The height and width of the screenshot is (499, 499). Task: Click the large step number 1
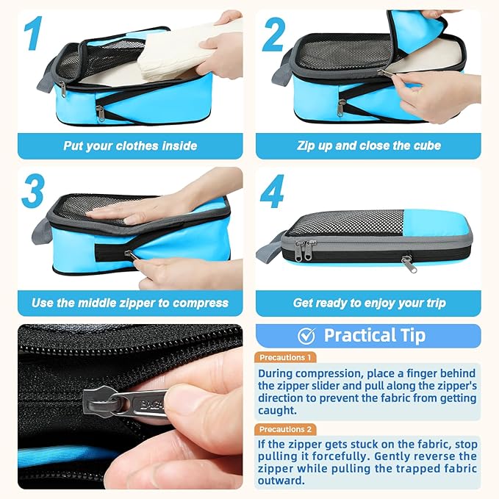pyautogui.click(x=34, y=33)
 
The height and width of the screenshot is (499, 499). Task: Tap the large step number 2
pyautogui.click(x=273, y=35)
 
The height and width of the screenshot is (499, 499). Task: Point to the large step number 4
pyautogui.click(x=272, y=191)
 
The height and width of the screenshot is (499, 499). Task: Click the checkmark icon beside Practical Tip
pyautogui.click(x=306, y=336)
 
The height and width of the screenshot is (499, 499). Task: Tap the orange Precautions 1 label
pyautogui.click(x=285, y=357)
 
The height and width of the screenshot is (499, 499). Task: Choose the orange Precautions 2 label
pyautogui.click(x=285, y=429)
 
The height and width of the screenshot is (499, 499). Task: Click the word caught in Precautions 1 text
pyautogui.click(x=277, y=410)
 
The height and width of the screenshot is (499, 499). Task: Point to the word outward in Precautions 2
pyautogui.click(x=281, y=481)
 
